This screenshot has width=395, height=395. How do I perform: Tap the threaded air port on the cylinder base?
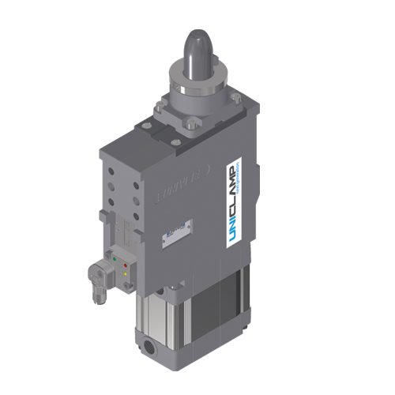click(150, 345)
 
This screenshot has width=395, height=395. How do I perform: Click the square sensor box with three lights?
click(121, 269)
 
